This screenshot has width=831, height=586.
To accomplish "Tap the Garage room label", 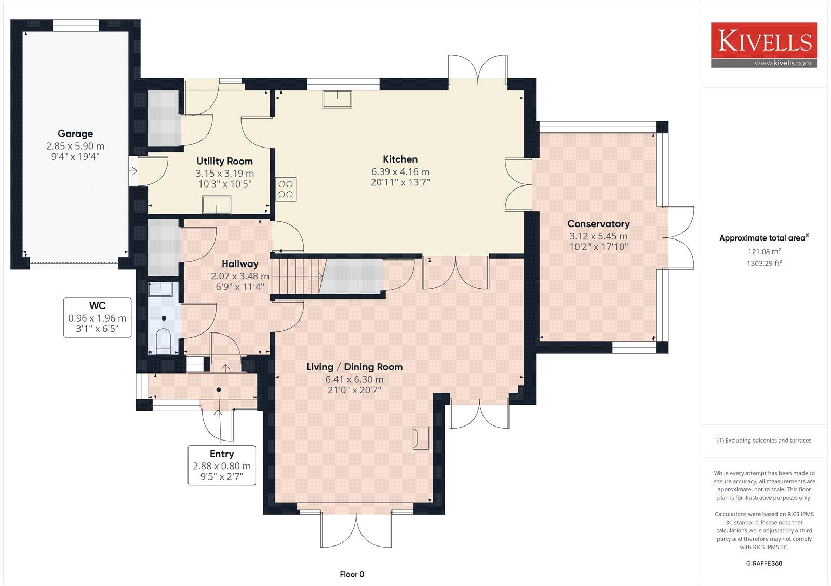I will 75,134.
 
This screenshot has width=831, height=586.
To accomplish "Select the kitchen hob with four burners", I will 286,189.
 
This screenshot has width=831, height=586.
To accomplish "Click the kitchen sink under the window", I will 337,99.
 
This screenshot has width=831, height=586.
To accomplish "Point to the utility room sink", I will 217,204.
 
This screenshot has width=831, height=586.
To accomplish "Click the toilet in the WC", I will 164,340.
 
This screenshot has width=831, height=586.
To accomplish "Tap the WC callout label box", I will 97,317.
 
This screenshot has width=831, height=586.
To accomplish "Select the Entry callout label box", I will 222,465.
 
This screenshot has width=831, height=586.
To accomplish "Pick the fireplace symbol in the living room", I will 421,437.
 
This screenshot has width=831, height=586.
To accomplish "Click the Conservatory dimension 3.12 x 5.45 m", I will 598,236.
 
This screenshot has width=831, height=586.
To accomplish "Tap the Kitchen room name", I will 400,159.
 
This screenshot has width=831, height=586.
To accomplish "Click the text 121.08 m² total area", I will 764,251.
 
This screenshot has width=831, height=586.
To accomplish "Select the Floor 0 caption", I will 352,574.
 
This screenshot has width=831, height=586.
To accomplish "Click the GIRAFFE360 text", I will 763,563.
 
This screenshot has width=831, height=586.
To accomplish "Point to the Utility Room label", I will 224,161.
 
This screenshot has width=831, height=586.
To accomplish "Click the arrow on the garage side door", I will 133,170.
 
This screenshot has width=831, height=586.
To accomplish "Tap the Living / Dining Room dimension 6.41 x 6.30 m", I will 354,379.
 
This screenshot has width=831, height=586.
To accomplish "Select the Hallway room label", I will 239,264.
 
